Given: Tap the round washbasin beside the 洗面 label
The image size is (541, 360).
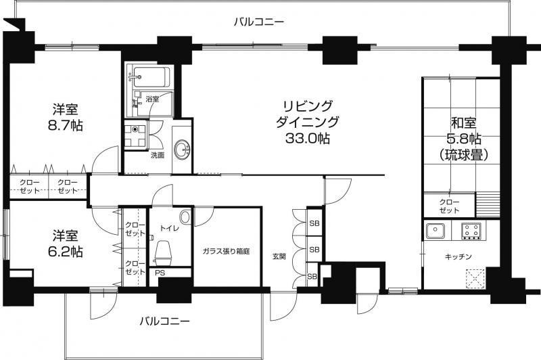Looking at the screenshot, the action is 182,150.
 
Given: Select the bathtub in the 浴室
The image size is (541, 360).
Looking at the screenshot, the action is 151,76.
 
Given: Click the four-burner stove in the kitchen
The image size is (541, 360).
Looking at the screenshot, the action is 471,231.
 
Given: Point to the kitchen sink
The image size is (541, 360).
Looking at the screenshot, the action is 436,231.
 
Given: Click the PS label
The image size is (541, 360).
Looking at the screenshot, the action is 160,273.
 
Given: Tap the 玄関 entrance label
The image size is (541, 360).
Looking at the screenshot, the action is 279,256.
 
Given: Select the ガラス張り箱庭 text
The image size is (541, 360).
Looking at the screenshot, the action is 226,251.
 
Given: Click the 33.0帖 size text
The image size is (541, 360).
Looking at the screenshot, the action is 307,139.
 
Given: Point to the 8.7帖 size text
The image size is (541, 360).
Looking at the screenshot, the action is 65,125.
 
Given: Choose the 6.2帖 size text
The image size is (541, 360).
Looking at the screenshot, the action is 65,252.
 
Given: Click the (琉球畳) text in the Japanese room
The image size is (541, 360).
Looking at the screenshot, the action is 464,156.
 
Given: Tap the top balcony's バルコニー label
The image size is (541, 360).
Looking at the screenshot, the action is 259,22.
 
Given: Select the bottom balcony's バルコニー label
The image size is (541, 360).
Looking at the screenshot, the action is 164,321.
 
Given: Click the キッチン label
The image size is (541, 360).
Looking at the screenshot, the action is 458,256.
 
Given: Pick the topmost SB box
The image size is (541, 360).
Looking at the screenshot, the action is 314,223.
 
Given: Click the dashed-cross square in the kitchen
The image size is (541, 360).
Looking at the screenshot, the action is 475,278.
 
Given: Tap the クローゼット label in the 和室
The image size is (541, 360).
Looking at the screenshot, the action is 449,206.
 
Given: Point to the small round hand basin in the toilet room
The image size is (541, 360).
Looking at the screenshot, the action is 185,217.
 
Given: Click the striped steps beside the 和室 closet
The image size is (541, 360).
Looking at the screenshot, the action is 488,205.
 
